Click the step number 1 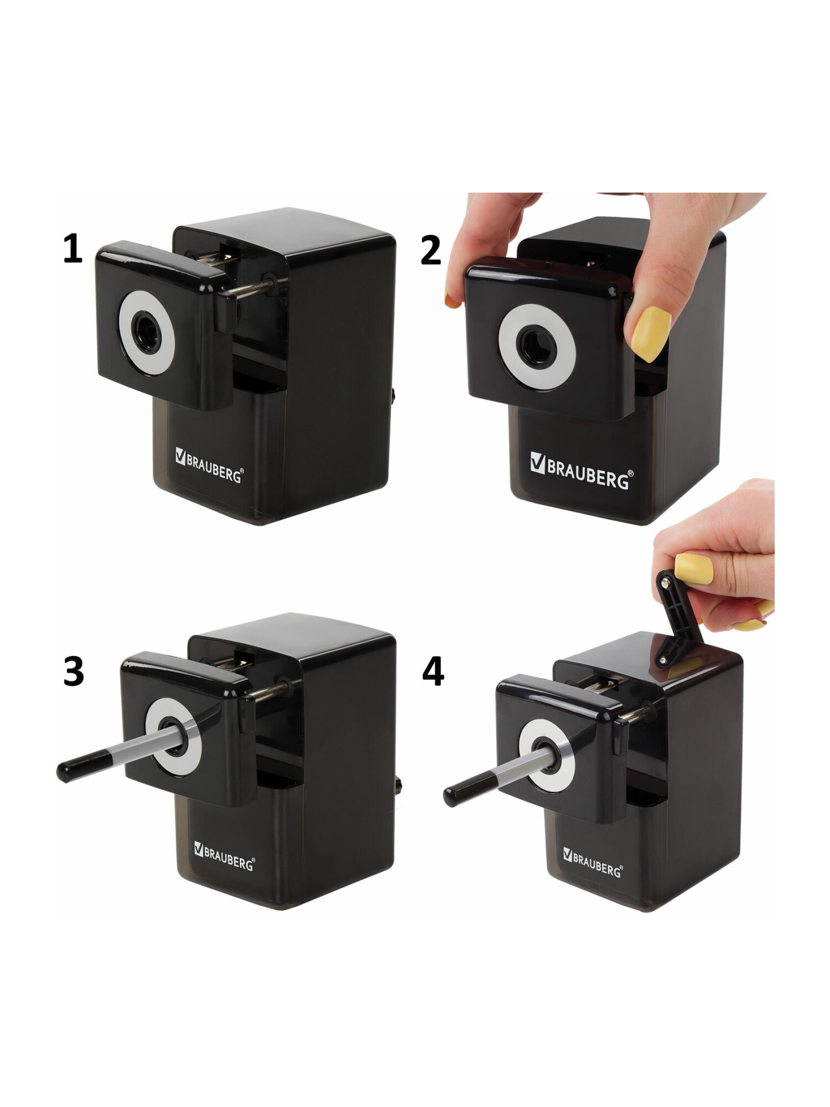pyautogui.click(x=72, y=249)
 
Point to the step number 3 pyautogui.click(x=74, y=671)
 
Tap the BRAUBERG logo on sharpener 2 pyautogui.click(x=582, y=470)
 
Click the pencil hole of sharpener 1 pyautogui.click(x=147, y=332)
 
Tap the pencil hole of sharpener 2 pyautogui.click(x=536, y=347)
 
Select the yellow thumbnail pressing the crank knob pyautogui.click(x=693, y=568)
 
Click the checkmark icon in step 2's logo pyautogui.click(x=537, y=462)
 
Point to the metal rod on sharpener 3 pyautogui.click(x=271, y=691)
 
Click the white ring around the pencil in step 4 pyautogui.click(x=546, y=755)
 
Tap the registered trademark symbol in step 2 pyautogui.click(x=631, y=474)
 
